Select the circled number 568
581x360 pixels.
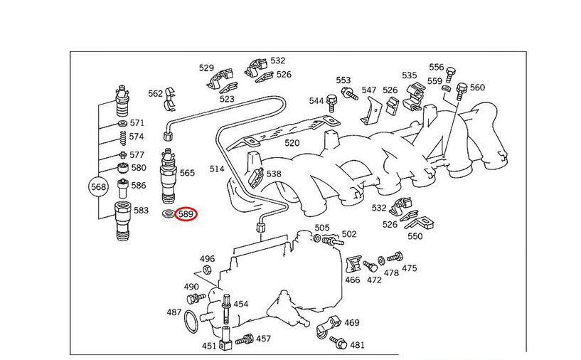pyautogui.click(x=98, y=188)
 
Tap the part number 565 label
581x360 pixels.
pyautogui.click(x=187, y=173)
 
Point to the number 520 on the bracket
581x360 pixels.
pyautogui.click(x=292, y=143)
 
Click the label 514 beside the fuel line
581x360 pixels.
pyautogui.click(x=217, y=169)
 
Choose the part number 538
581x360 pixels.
pyautogui.click(x=274, y=174)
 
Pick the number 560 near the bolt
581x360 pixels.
pyautogui.click(x=477, y=88)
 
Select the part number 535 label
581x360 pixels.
pyautogui.click(x=410, y=75)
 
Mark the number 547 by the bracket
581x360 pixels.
pyautogui.click(x=368, y=90)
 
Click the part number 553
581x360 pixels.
pyautogui.click(x=343, y=80)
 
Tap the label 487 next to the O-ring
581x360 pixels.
pyautogui.click(x=174, y=312)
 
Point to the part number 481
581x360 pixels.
pyautogui.click(x=357, y=345)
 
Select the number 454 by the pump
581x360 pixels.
pyautogui.click(x=241, y=304)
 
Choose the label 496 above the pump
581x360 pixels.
pyautogui.click(x=207, y=259)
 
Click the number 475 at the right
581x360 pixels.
pyautogui.click(x=410, y=268)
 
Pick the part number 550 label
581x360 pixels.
pyautogui.click(x=415, y=235)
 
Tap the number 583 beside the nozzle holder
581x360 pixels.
pyautogui.click(x=141, y=211)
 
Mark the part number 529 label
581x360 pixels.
pyautogui.click(x=206, y=68)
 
